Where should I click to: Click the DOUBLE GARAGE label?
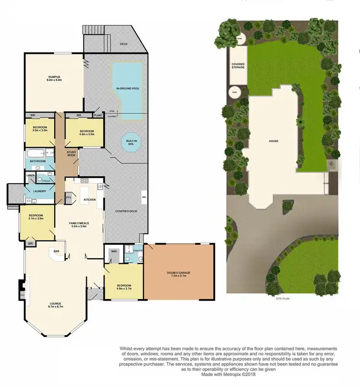coord(179,273)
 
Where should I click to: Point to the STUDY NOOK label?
coord(72,153)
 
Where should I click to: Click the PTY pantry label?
coord(68,196)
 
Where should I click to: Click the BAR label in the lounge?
coord(56,251)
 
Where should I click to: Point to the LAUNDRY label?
coord(39,191)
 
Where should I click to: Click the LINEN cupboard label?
coord(30,175)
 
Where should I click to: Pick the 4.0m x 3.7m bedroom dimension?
coord(124,289)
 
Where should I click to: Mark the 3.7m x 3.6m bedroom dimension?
coord(36,218)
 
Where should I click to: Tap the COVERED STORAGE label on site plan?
coord(238,65)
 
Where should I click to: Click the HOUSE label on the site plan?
coord(274,141)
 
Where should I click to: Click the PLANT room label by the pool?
coord(98,116)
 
